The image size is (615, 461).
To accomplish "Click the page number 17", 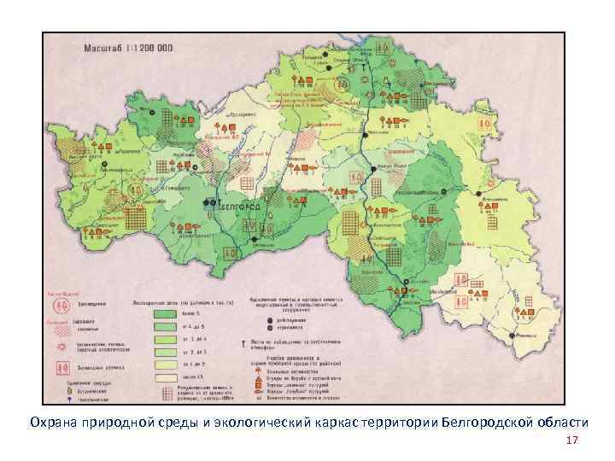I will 571,441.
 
